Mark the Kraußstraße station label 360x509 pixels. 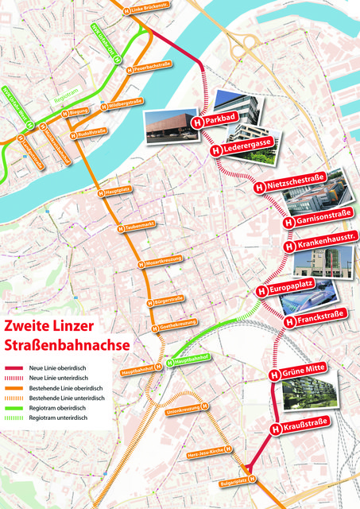pos(306,429)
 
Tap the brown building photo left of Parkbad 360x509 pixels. pos(170,126)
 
